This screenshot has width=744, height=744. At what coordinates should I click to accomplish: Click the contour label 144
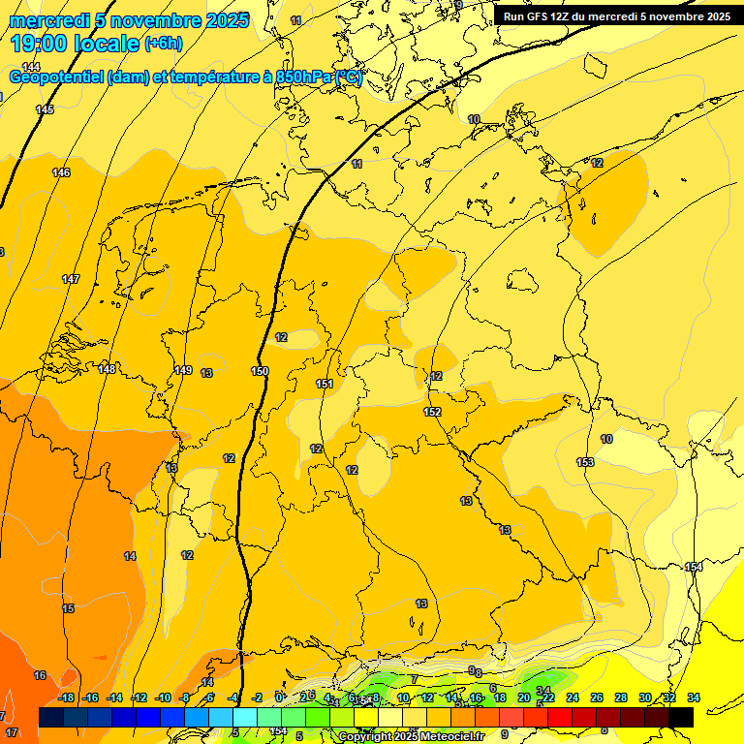[31, 67]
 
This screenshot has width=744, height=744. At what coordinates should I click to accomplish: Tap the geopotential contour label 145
[45, 109]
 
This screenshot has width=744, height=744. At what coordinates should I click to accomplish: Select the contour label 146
[61, 172]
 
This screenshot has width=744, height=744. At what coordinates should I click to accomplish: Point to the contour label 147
[71, 279]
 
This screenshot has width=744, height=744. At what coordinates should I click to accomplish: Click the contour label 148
[107, 369]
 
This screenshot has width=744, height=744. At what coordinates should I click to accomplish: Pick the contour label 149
[183, 370]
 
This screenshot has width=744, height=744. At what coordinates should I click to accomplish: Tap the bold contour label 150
[260, 371]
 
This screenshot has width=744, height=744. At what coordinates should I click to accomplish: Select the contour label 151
[325, 385]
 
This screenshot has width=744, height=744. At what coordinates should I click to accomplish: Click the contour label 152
[432, 412]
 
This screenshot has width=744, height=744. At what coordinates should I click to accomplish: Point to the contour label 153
[585, 462]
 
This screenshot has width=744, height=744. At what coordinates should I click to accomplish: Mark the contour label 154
[694, 567]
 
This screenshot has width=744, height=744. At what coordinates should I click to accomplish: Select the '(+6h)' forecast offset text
[162, 44]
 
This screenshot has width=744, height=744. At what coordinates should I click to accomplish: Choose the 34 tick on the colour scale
[694, 697]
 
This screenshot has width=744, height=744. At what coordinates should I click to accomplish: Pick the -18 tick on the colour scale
[66, 697]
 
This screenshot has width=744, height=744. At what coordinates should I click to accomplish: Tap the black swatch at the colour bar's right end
[681, 717]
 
